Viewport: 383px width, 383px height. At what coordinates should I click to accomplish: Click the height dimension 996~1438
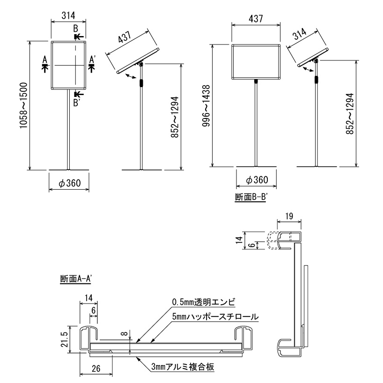[205, 106]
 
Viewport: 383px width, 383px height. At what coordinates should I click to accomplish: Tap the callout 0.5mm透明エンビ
[202, 302]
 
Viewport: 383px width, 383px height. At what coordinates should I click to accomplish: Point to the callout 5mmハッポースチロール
[215, 317]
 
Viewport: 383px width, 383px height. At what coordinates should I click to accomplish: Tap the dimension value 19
[288, 216]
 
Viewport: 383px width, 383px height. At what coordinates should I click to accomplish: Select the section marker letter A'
[93, 59]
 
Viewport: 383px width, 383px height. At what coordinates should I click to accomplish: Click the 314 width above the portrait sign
[69, 15]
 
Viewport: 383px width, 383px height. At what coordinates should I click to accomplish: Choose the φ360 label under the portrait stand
[69, 183]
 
